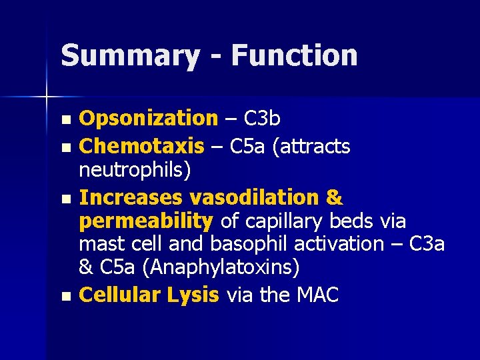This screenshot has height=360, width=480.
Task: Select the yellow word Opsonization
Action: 148,119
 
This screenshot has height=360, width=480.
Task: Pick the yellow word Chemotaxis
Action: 141,145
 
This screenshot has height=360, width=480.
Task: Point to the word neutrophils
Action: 135,171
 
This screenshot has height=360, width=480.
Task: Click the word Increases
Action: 131,198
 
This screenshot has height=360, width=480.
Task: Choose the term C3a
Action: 427,244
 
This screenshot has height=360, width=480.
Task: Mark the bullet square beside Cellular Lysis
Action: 65,296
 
